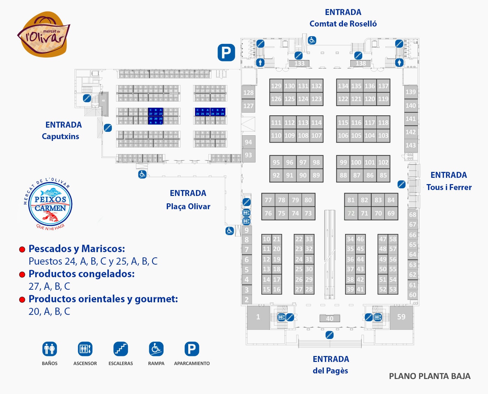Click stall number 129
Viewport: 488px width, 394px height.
276,86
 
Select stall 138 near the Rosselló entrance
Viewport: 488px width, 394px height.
360,63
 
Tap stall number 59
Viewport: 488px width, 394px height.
401,317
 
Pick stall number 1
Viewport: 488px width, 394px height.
258,317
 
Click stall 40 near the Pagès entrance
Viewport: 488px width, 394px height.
330,318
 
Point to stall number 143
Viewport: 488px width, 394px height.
411,145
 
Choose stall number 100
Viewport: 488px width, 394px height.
356,162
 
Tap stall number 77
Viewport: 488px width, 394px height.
268,200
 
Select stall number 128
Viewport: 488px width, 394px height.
248,93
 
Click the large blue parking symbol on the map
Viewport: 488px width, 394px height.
226,53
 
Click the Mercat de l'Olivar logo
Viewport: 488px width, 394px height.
44,35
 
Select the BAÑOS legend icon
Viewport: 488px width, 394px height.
49,349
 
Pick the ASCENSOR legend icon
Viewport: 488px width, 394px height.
85,349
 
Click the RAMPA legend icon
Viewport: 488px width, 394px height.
156,349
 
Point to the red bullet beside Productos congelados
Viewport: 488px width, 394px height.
22,274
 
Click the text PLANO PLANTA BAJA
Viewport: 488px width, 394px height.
429,376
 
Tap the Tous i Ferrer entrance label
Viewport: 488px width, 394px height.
449,181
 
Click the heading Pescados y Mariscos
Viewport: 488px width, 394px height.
77,249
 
